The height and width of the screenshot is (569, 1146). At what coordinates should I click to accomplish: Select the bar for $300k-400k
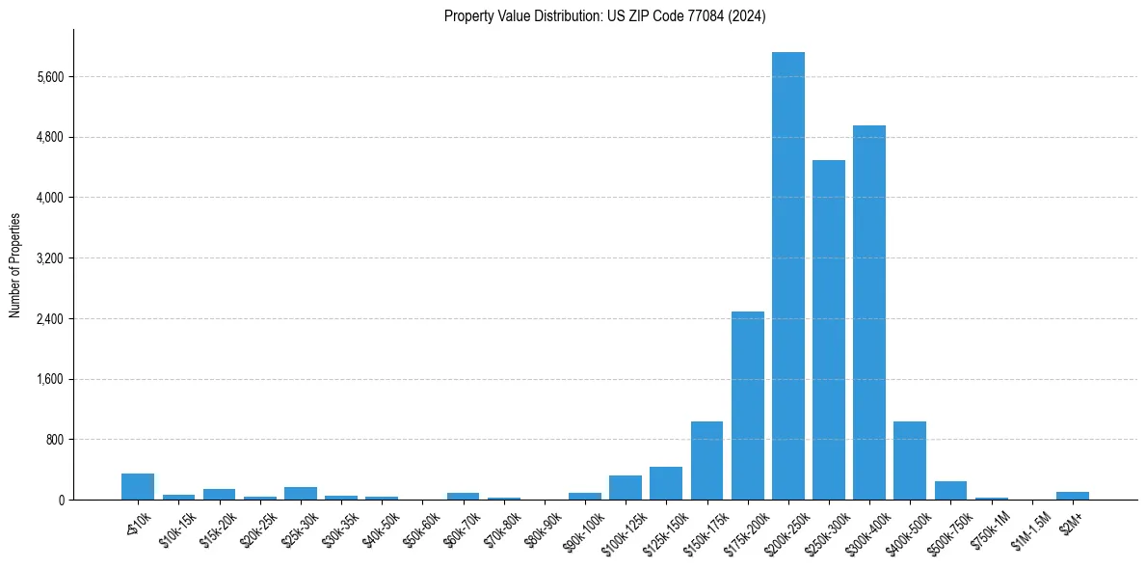868,312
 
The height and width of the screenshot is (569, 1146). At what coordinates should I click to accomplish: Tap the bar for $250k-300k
828,330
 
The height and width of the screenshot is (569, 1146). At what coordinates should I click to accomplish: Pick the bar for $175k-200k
747,405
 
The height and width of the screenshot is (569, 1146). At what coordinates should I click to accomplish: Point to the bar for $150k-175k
706,461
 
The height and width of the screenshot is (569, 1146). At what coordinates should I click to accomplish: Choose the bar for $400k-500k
909,461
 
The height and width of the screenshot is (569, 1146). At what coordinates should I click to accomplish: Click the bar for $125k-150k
665,483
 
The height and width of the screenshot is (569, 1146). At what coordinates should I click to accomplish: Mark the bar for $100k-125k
625,488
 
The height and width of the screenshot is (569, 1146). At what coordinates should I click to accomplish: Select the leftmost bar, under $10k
138,487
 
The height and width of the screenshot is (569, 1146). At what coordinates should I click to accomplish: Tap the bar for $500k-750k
950,491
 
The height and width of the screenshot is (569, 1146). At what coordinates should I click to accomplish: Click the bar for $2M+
1072,496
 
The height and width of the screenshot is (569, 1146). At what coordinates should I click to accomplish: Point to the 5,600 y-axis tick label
47,77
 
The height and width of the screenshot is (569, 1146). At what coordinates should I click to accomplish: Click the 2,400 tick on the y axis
47,319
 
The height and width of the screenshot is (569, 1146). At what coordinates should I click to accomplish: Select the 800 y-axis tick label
53,440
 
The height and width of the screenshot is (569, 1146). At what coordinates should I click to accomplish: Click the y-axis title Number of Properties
15,265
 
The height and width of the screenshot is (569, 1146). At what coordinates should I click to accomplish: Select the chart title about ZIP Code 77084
604,16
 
